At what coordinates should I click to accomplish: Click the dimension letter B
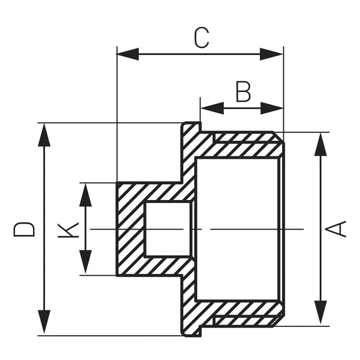pos(243,91)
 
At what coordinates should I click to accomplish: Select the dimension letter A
pos(338,228)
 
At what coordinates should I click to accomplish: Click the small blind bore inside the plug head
pos(168,228)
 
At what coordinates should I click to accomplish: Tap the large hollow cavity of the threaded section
pos(236,228)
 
